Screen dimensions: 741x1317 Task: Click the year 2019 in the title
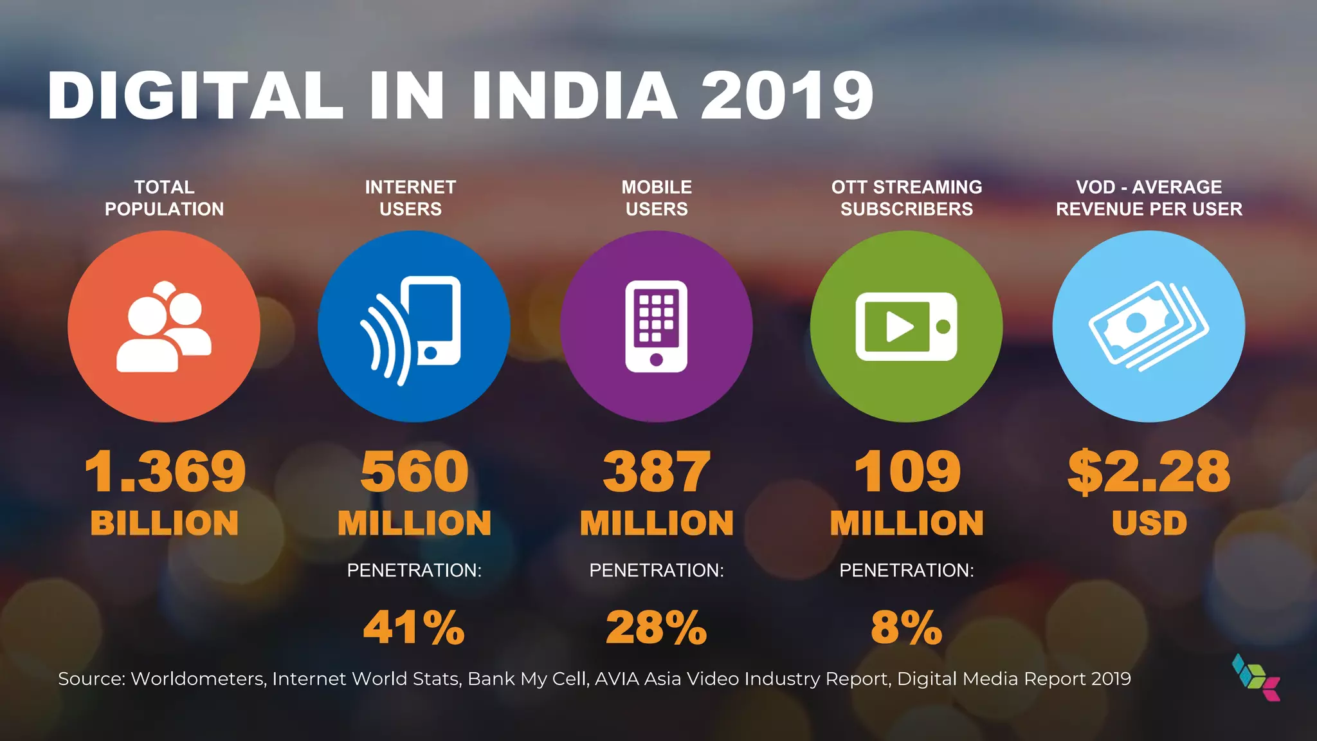(x=787, y=96)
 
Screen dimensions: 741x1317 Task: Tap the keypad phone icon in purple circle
(x=656, y=326)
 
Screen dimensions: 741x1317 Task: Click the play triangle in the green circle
(x=899, y=327)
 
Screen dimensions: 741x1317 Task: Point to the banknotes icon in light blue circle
(x=1149, y=326)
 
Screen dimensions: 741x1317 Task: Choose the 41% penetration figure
(x=413, y=627)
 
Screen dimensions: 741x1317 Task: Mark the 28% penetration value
(x=656, y=627)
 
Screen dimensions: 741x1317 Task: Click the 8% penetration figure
(x=906, y=627)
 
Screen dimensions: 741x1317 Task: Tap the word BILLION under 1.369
(x=165, y=523)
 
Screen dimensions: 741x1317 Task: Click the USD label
(x=1149, y=523)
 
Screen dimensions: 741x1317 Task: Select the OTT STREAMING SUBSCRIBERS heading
(x=907, y=198)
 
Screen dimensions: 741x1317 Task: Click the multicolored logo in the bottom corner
(x=1256, y=677)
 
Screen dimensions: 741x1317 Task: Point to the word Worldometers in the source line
(x=198, y=679)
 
